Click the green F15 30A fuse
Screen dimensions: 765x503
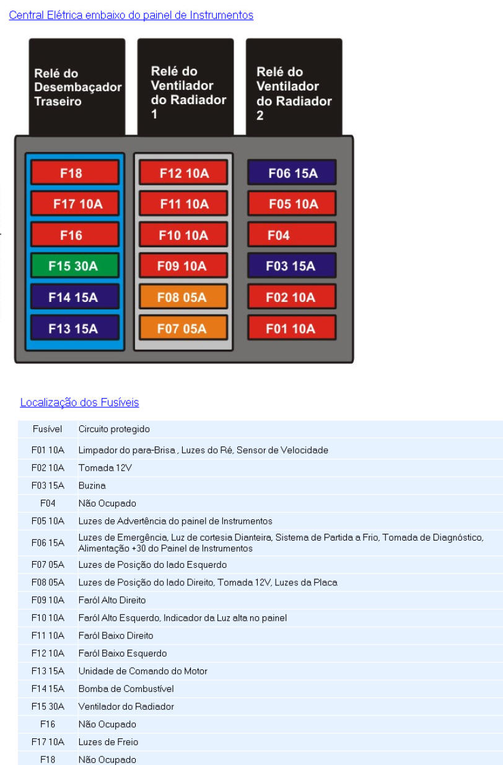click(74, 266)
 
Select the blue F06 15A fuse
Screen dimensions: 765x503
click(292, 173)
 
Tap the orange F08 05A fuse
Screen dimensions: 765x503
click(183, 297)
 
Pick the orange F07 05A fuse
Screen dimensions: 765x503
click(183, 328)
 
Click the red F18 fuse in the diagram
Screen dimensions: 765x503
click(74, 173)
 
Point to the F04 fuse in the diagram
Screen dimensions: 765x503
click(292, 235)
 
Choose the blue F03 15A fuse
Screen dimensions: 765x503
click(292, 266)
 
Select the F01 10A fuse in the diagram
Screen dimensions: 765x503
click(292, 328)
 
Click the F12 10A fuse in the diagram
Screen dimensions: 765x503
click(183, 173)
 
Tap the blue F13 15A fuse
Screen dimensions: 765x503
click(74, 328)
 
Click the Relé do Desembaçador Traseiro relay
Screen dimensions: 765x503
click(77, 87)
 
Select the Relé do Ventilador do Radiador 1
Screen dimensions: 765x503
click(185, 87)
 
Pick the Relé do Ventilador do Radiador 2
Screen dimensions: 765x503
click(294, 87)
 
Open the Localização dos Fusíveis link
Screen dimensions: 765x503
click(79, 402)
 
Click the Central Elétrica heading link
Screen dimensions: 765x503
click(131, 15)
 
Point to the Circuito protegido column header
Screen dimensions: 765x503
click(114, 429)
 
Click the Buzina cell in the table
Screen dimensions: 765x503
click(92, 485)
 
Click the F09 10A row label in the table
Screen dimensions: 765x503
click(47, 600)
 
